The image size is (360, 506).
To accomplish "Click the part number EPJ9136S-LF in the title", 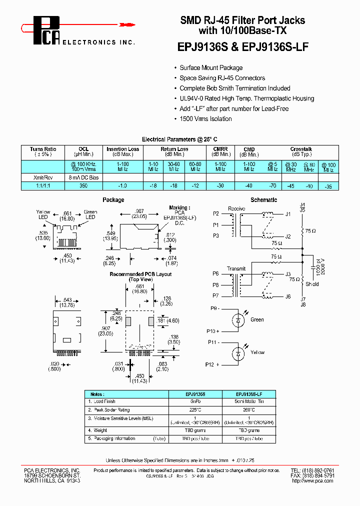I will [275, 47].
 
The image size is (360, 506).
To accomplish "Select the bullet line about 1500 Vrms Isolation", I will [205, 119].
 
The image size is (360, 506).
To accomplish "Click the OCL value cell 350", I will [83, 186].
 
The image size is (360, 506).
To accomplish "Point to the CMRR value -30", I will [220, 186].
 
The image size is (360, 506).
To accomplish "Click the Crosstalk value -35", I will [327, 186].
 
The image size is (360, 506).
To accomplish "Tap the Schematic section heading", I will [263, 200].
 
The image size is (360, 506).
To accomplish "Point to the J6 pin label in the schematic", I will [288, 296].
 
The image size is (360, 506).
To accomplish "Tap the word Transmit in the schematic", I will [236, 268].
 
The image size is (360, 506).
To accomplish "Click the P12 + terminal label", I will [213, 364].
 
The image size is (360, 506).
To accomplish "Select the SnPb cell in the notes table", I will [192, 401].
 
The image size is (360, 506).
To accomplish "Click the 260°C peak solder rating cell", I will [248, 409].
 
